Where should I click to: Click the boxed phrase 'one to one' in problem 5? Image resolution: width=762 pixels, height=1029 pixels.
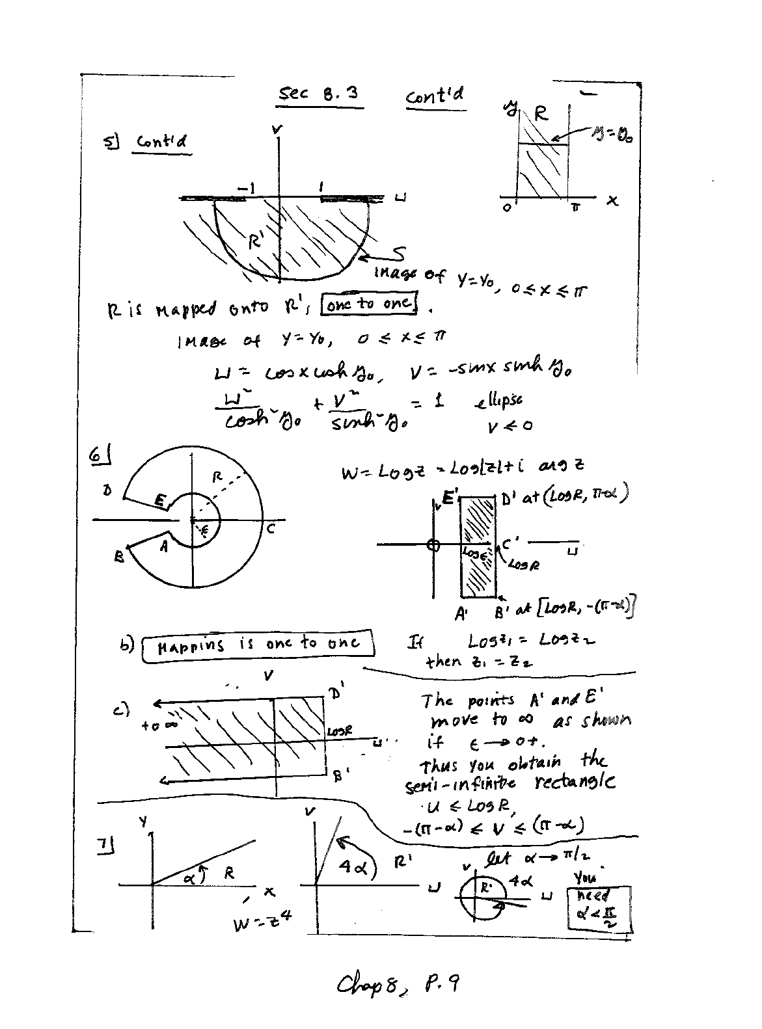370,303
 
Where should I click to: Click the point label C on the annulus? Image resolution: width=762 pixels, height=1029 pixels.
271,529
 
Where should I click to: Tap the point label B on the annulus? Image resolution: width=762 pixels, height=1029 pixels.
119,557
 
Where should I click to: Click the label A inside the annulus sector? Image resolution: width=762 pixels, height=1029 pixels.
164,547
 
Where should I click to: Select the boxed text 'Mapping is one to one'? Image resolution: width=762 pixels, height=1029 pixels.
257,645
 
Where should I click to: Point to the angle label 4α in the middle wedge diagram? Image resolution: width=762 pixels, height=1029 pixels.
353,866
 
